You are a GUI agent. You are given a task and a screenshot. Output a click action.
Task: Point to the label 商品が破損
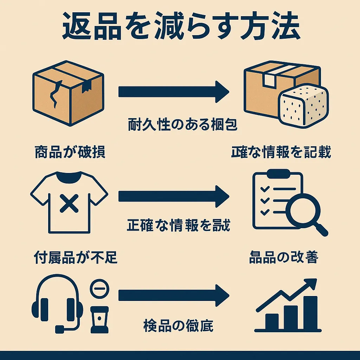70,152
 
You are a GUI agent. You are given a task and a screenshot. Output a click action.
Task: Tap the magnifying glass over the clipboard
303,211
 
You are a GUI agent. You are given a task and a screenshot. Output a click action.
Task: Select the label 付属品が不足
76,258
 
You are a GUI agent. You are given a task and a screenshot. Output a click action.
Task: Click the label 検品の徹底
178,326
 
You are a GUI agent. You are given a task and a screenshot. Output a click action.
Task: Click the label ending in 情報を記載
281,152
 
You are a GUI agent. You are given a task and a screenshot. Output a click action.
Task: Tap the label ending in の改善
283,258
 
